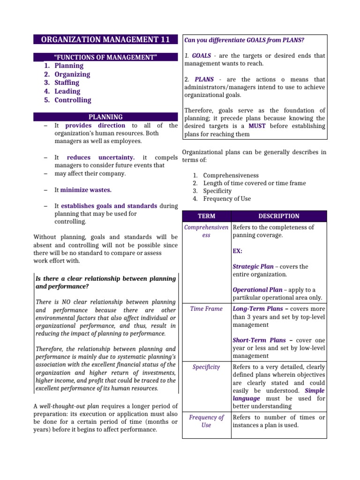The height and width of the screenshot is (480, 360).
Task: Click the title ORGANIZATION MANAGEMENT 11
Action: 106,39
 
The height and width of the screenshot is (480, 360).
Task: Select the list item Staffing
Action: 67,83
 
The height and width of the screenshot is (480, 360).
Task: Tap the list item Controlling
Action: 73,100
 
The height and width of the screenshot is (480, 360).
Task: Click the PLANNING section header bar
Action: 106,117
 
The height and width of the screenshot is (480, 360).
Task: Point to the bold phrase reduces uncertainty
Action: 101,158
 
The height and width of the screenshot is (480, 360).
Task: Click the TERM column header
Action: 206,216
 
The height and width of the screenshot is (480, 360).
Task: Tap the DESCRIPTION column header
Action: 278,216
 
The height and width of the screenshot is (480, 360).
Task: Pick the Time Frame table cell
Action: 206,309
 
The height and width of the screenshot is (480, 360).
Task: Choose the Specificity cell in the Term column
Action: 206,367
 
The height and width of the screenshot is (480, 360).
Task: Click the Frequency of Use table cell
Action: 206,421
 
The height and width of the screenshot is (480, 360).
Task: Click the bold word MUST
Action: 257,126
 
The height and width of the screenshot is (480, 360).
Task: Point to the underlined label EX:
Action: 237,251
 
